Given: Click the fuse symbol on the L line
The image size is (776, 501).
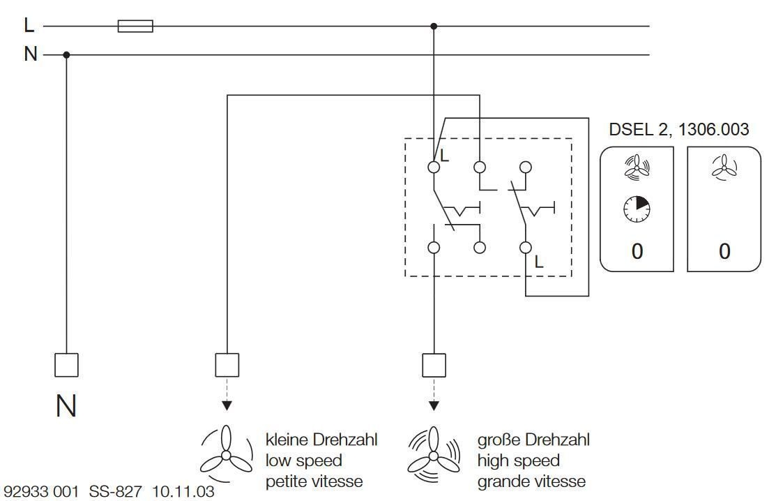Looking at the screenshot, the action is [x=135, y=26].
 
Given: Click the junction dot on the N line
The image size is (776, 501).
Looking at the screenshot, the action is [x=66, y=55].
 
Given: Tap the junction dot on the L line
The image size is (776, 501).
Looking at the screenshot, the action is [x=434, y=27].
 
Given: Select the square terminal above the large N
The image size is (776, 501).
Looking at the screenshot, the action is [x=66, y=365].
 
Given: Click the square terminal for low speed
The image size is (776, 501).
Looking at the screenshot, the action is [x=227, y=365].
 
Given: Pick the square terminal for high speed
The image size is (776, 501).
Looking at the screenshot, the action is [x=434, y=365].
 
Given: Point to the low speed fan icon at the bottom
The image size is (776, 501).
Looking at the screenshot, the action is [x=226, y=453].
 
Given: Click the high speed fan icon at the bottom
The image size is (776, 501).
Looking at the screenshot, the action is [x=434, y=454].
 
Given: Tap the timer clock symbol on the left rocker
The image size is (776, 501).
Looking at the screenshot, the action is [x=637, y=209].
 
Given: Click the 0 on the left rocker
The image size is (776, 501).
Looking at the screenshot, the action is [x=637, y=251].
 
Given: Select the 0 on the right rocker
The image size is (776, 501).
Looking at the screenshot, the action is [x=724, y=251].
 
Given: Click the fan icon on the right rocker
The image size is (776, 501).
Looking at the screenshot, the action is [x=724, y=166].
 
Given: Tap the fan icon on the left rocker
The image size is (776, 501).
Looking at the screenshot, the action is [x=637, y=166].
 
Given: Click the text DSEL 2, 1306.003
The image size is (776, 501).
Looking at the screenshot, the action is [x=678, y=130].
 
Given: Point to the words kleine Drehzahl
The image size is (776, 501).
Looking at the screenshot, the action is [x=321, y=440].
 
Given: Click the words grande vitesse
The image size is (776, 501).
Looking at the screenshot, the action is [x=531, y=481].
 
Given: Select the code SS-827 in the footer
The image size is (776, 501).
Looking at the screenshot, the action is [x=115, y=492].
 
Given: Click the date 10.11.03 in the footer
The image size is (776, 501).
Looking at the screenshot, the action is [x=183, y=492].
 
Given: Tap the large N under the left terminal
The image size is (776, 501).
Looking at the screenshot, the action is [x=66, y=406].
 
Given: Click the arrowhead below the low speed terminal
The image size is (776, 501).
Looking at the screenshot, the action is [x=227, y=405].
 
